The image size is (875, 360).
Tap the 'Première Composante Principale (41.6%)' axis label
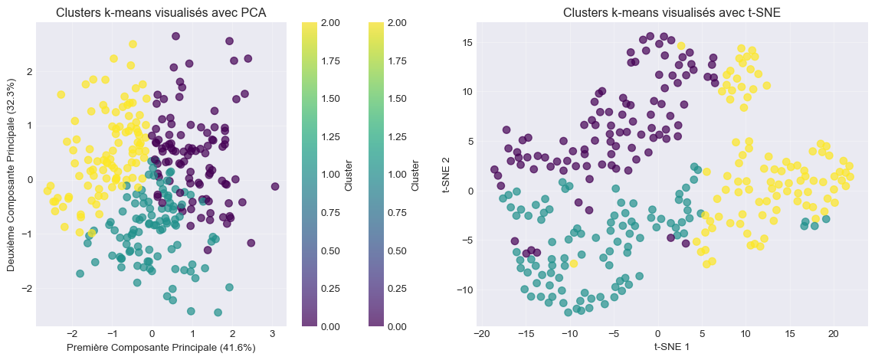pyautogui.click(x=161, y=348)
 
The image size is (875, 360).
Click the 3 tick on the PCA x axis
pyautogui.click(x=272, y=335)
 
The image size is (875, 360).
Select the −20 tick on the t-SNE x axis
pyautogui.click(x=482, y=335)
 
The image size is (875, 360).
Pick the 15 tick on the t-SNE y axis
pyautogui.click(x=465, y=42)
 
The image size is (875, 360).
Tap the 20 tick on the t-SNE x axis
pyautogui.click(x=833, y=335)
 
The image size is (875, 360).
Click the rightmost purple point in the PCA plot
pyautogui.click(x=275, y=186)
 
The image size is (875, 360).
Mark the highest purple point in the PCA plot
pyautogui.click(x=175, y=36)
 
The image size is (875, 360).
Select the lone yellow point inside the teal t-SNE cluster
pyautogui.click(x=573, y=263)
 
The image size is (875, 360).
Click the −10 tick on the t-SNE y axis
pyautogui.click(x=462, y=290)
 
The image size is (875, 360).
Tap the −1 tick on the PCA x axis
pyautogui.click(x=112, y=335)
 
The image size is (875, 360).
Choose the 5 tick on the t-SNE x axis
pyautogui.click(x=701, y=335)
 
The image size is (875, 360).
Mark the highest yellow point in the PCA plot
pyautogui.click(x=133, y=44)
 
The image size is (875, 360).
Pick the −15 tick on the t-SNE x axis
pyautogui.click(x=526, y=335)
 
